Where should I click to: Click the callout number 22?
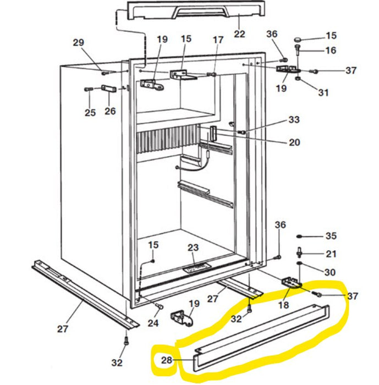(x=240, y=34)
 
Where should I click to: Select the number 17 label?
(x=218, y=40)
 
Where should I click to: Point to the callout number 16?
(x=331, y=51)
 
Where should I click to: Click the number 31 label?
(x=323, y=92)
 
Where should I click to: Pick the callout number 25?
(x=90, y=113)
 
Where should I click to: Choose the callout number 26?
(x=110, y=111)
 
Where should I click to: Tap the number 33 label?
(x=294, y=120)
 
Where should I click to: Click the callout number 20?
(x=294, y=142)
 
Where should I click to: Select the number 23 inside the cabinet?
(x=193, y=248)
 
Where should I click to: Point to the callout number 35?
(x=331, y=236)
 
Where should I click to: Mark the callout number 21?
(x=331, y=254)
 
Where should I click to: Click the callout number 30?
(x=329, y=272)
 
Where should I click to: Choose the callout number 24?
(x=153, y=323)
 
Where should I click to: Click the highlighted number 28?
(x=167, y=361)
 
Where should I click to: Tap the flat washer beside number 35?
(x=300, y=236)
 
